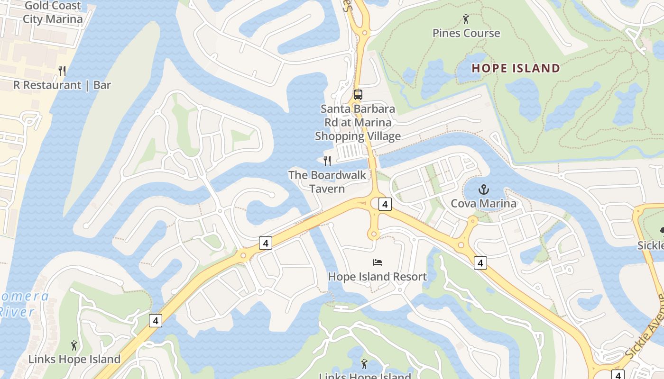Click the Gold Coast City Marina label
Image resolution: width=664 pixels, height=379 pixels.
point(53,13)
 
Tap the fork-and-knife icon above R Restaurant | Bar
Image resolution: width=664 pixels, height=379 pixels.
point(62,71)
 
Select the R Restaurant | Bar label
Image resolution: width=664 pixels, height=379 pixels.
point(62,85)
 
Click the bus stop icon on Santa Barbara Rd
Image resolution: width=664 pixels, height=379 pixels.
point(358,94)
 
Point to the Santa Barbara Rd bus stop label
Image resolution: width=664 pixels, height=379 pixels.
point(358,122)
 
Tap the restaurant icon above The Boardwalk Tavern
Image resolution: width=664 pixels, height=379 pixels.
point(327,161)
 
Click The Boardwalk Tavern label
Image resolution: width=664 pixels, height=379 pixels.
point(327,181)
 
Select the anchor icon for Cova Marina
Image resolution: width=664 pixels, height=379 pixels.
point(483,190)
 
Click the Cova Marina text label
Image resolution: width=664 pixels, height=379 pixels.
point(483,204)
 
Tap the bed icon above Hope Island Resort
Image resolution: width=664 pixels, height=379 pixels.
point(378,262)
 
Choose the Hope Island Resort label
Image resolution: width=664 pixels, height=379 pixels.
point(378,277)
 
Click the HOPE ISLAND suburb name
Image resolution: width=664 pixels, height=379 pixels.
point(516,68)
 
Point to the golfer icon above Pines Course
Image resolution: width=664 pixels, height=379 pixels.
point(466,19)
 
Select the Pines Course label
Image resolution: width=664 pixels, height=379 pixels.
point(466,33)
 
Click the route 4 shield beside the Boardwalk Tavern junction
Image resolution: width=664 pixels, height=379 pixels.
point(385,204)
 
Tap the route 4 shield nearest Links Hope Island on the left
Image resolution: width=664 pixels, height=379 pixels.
point(155,321)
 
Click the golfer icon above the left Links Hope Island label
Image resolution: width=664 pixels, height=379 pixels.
point(74,345)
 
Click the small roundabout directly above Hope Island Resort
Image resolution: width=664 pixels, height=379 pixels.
point(374,234)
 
